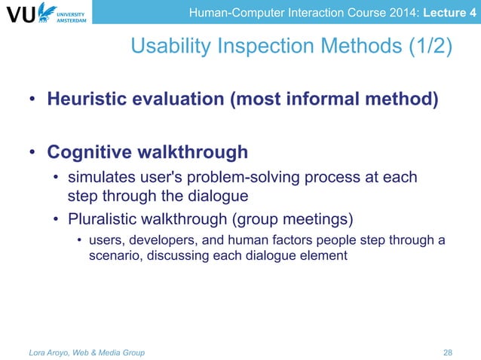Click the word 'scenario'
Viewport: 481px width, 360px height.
[x=112, y=255]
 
